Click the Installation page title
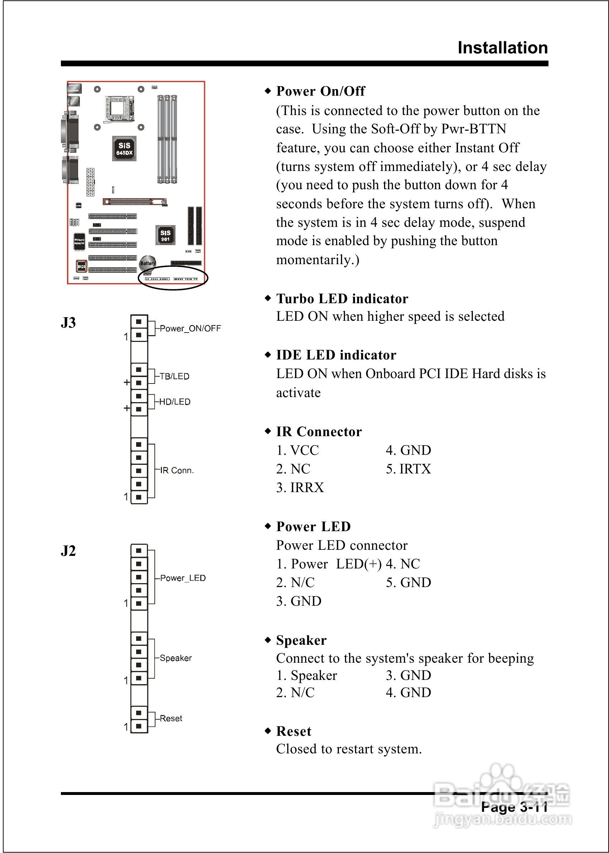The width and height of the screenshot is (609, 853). (503, 48)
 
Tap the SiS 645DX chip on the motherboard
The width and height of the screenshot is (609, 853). (124, 148)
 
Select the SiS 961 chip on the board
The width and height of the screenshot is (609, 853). (166, 235)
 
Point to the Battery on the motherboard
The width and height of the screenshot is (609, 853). (147, 263)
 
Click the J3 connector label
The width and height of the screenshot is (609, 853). (68, 323)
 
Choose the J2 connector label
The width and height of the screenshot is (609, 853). (68, 551)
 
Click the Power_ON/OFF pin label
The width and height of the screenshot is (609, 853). (190, 329)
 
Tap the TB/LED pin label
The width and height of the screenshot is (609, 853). (174, 376)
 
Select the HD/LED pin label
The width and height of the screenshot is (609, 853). (175, 402)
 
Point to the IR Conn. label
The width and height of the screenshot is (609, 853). (177, 470)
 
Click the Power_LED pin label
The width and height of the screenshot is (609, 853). (183, 578)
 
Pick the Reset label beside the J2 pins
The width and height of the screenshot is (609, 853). (171, 718)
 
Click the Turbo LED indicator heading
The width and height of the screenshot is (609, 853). (342, 299)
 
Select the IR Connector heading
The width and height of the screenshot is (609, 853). (319, 432)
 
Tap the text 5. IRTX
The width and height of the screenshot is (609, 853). (408, 469)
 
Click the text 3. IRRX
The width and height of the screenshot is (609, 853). (300, 488)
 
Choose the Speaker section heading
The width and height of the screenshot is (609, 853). (301, 640)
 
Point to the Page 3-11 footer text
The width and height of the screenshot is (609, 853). (514, 807)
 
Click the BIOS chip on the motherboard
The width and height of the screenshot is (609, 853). (81, 266)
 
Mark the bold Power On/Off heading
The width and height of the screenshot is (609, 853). (321, 91)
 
